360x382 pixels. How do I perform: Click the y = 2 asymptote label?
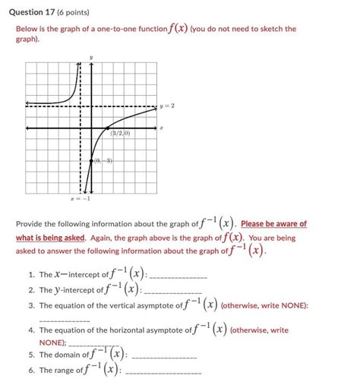(x=167, y=106)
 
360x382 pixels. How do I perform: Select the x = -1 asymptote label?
(x=80, y=200)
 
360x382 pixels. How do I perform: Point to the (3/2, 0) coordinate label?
(x=120, y=134)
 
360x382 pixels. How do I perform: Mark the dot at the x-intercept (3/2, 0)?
(x=107, y=127)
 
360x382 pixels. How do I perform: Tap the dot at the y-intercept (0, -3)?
(x=90, y=160)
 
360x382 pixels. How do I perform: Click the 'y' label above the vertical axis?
(x=90, y=57)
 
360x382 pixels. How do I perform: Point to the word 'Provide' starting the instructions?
(x=30, y=224)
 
